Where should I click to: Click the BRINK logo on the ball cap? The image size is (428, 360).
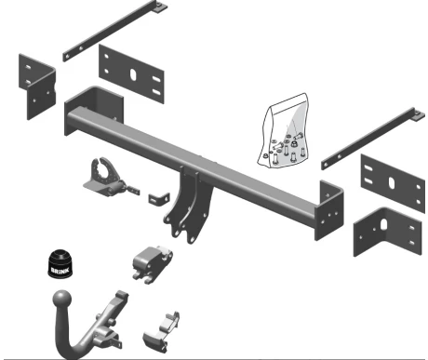60,271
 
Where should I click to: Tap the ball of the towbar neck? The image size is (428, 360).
62,300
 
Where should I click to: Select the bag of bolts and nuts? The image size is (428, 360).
284,130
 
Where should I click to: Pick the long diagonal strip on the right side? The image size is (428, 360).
371,140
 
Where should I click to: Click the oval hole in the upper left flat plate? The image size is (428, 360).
133,74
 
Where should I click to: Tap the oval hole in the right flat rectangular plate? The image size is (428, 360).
392,182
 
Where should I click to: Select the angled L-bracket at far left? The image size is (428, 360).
37,87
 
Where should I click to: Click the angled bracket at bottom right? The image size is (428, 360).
388,232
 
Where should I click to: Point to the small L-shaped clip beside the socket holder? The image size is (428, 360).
159,198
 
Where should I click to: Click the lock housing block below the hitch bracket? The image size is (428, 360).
152,263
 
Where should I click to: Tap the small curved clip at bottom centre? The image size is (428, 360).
161,332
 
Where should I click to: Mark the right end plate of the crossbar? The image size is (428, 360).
329,210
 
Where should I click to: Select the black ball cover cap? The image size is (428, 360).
60,263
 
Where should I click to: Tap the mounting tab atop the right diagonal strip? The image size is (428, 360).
419,113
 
